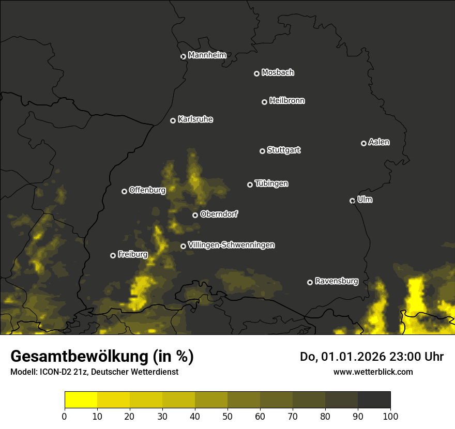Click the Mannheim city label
pyautogui.click(x=207, y=55)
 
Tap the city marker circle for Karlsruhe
pyautogui.click(x=173, y=120)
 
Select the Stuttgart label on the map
pyautogui.click(x=283, y=150)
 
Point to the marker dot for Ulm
pyautogui.click(x=352, y=201)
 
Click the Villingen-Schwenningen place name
pyautogui.click(x=231, y=245)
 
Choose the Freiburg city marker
pyautogui.click(x=113, y=255)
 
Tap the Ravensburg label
pyautogui.click(x=336, y=281)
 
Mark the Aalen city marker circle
pyautogui.click(x=363, y=143)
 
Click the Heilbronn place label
pyautogui.click(x=287, y=101)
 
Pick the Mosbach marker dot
pyautogui.click(x=256, y=73)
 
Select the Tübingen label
pyautogui.click(x=271, y=183)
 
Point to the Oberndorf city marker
pyautogui.click(x=195, y=215)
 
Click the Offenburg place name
pyautogui.click(x=147, y=190)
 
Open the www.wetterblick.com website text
pyautogui.click(x=373, y=372)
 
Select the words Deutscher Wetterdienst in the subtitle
pyautogui.click(x=135, y=372)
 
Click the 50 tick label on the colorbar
pyautogui.click(x=228, y=416)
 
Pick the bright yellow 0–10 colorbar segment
pyautogui.click(x=81, y=400)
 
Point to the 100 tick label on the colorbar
pyautogui.click(x=390, y=416)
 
